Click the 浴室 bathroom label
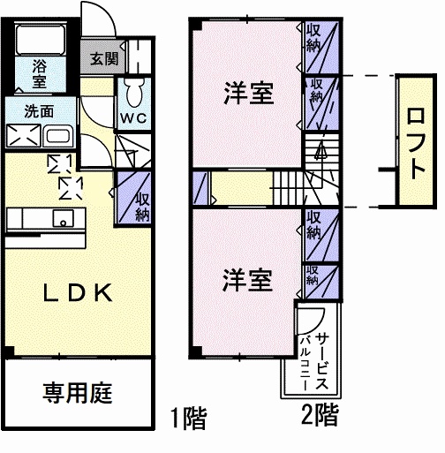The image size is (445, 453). click(x=40, y=72)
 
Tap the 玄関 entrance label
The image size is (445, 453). click(x=103, y=59)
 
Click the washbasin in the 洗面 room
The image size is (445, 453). click(x=58, y=137)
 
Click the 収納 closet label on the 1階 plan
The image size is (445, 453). click(x=141, y=206)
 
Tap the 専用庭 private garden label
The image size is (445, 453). click(x=78, y=393)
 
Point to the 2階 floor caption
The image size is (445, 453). click(x=317, y=412)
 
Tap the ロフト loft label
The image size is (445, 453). click(x=414, y=141)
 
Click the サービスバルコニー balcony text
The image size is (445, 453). click(x=314, y=363)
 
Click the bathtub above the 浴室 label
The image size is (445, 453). click(x=40, y=39)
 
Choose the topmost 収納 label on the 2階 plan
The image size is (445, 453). click(x=313, y=39)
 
